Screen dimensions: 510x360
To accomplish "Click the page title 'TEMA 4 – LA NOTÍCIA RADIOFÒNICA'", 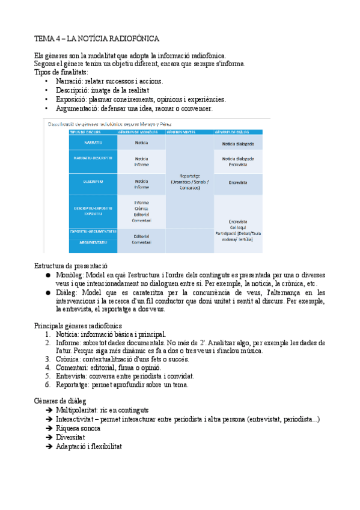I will pos(97,39).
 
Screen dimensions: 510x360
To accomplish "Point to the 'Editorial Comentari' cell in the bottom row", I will pos(141,239).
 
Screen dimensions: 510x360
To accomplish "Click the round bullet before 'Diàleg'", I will pos(48,293).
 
